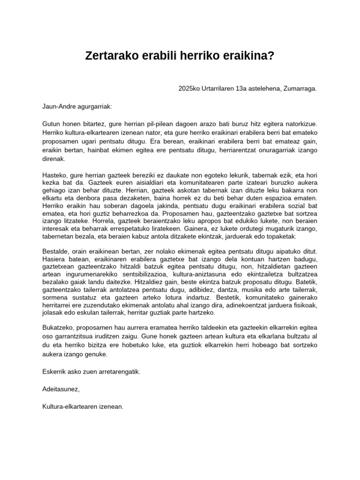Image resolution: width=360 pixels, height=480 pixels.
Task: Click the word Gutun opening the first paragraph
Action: pyautogui.click(x=51, y=124)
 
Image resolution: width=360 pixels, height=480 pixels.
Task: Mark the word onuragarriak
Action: pyautogui.click(x=274, y=150)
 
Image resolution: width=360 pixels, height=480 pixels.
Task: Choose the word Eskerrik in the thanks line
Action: pyautogui.click(x=54, y=372)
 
